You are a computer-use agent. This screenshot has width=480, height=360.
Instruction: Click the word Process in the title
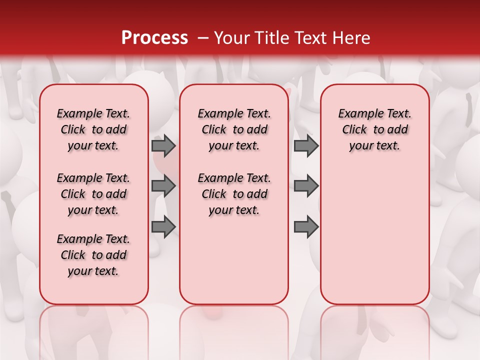pos(154,38)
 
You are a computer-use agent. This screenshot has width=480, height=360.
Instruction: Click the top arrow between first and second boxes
pos(163,145)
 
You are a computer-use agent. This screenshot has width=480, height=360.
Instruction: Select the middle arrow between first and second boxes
pos(163,186)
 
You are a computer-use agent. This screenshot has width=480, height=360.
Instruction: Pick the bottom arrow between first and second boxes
pos(163,226)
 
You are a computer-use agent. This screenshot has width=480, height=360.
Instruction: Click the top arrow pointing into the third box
pos(306,145)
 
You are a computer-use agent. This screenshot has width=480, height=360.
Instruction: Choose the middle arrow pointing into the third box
pos(306,186)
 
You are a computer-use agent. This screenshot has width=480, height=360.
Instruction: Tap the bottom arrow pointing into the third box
pos(306,226)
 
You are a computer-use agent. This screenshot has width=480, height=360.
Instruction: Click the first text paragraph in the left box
pos(93,129)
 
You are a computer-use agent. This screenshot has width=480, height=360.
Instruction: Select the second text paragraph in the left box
pos(93,194)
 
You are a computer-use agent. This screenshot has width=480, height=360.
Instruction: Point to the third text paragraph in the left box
pos(93,255)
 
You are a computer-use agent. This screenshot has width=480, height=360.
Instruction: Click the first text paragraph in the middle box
pos(234,129)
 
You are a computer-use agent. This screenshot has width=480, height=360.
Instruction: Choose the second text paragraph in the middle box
pos(234,194)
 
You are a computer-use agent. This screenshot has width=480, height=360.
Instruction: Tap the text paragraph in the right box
pos(374,129)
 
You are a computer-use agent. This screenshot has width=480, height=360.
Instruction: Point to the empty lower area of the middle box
pos(234,260)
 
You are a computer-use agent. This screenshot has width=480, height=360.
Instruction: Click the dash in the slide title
pos(203,38)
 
